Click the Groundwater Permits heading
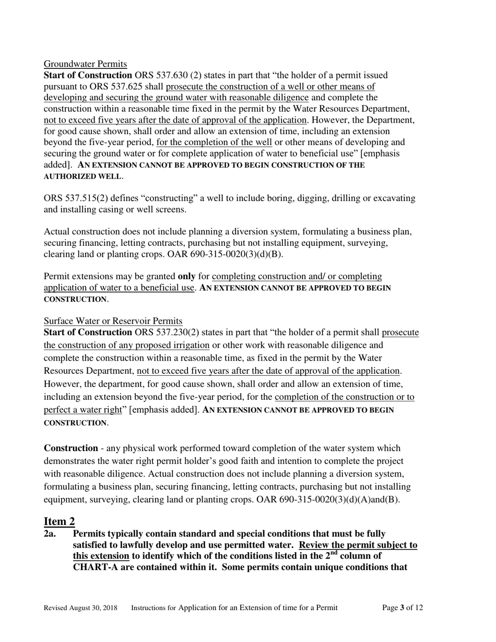click(x=85, y=64)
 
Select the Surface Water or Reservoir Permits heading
click(x=113, y=321)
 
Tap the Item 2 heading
click(x=59, y=521)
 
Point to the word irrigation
click(x=190, y=345)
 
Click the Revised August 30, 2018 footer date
click(x=80, y=608)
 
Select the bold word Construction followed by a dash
click(x=70, y=448)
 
